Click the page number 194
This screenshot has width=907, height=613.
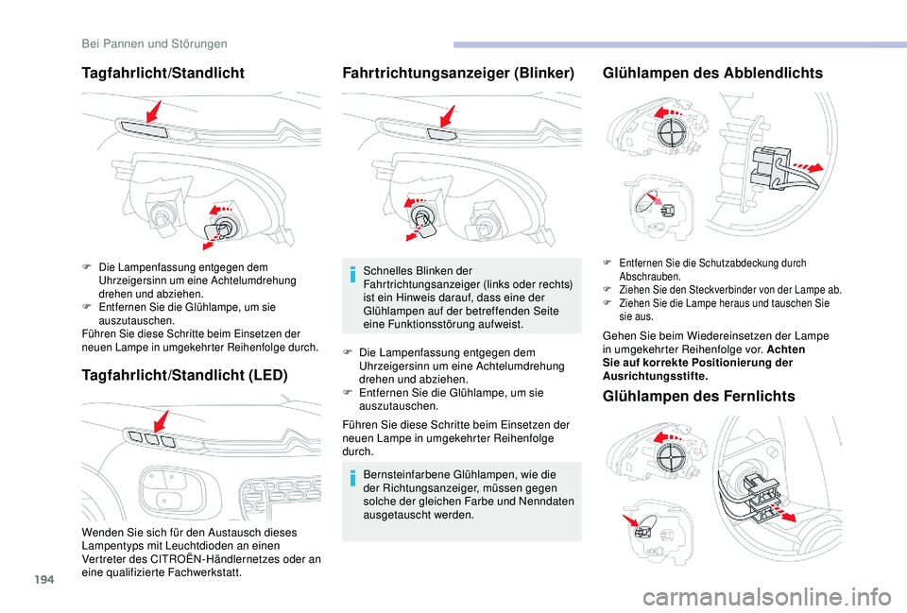pyautogui.click(x=43, y=579)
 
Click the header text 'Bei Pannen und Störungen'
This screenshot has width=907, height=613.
pyautogui.click(x=154, y=44)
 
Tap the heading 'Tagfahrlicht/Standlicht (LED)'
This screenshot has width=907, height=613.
pyautogui.click(x=185, y=375)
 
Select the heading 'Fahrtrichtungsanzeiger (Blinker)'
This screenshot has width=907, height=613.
pyautogui.click(x=458, y=73)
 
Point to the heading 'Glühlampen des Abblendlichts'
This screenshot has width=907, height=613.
pyautogui.click(x=712, y=73)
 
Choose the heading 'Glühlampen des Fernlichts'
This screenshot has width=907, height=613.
pyautogui.click(x=699, y=396)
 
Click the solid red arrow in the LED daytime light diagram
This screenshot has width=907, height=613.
pyautogui.click(x=162, y=421)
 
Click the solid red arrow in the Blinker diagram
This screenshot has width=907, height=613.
pyautogui.click(x=447, y=116)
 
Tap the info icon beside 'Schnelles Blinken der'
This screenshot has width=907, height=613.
pyautogui.click(x=351, y=274)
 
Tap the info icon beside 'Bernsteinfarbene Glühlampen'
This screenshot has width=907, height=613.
pyautogui.click(x=351, y=478)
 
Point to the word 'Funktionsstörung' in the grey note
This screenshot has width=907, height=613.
pyautogui.click(x=428, y=324)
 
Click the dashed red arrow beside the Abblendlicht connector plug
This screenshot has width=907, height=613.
pyautogui.click(x=807, y=167)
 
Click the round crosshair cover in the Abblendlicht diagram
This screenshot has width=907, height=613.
pyautogui.click(x=673, y=134)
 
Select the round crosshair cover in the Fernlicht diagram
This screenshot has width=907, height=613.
pyautogui.click(x=672, y=457)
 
